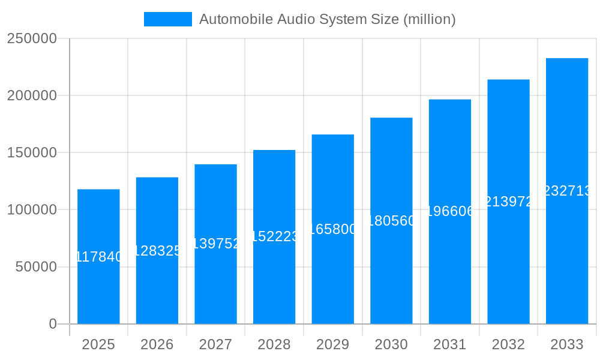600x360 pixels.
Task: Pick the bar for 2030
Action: click(x=391, y=270)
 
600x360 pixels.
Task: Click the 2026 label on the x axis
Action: click(x=157, y=344)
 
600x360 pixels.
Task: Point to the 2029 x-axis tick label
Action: click(x=332, y=344)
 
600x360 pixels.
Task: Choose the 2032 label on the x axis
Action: click(x=508, y=344)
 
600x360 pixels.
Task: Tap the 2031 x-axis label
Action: click(x=450, y=344)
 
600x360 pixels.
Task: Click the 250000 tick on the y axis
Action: click(x=32, y=38)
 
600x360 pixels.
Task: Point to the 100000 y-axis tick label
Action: click(x=32, y=210)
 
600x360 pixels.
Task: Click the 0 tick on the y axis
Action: click(x=53, y=324)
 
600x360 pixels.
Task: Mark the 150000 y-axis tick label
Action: click(x=32, y=153)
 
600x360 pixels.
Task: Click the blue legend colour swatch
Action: click(x=168, y=19)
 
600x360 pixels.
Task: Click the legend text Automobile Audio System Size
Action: click(x=328, y=19)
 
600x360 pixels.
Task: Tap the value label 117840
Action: click(x=98, y=257)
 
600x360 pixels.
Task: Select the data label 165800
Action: click(x=332, y=229)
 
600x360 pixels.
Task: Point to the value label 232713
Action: click(x=567, y=191)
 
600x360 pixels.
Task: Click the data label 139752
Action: click(x=215, y=244)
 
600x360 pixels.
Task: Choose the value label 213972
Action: click(x=508, y=202)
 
